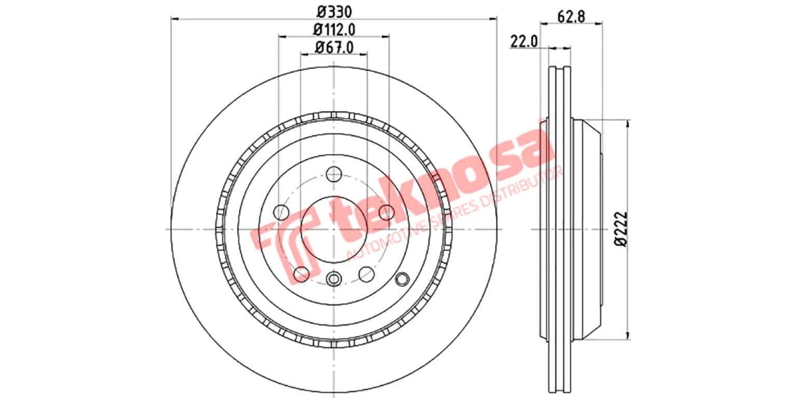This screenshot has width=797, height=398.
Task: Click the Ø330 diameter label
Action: pos(333,11)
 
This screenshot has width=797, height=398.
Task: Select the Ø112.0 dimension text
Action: pos(333,29)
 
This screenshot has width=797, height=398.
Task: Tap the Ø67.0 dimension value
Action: pos(333,47)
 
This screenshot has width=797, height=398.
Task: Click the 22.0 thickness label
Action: pos(523,42)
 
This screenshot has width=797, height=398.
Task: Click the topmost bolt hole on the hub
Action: pos(334,174)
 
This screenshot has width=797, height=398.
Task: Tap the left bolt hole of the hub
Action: pos(282,212)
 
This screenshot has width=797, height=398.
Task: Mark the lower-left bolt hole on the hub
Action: pos(302,273)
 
